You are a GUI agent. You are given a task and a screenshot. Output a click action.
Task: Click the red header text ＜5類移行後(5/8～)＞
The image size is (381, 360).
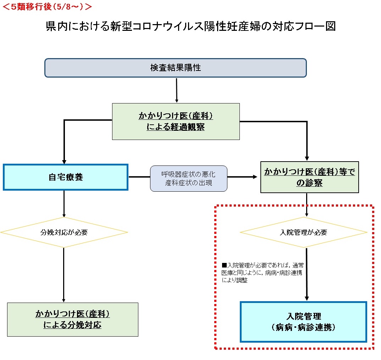pyautogui.click(x=48, y=6)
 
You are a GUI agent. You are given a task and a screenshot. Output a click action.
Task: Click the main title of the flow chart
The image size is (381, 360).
pyautogui.click(x=190, y=27)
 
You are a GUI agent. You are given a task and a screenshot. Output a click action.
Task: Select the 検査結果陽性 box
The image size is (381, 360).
pyautogui.click(x=175, y=68)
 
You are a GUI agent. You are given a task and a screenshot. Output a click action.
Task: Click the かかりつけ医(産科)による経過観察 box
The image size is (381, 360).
pyautogui.click(x=176, y=122)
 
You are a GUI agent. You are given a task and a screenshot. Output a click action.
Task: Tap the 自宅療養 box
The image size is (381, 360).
pyautogui.click(x=66, y=177)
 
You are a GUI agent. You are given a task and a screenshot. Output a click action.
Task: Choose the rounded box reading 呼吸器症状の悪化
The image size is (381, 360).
pyautogui.click(x=188, y=175)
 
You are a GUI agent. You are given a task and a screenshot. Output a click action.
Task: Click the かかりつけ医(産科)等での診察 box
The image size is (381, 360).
pyautogui.click(x=310, y=177)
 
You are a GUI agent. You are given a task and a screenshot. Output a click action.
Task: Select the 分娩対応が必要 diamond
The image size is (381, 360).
pyautogui.click(x=64, y=232)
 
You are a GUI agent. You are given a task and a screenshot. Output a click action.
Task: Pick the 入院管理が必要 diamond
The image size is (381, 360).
pyautogui.click(x=304, y=232)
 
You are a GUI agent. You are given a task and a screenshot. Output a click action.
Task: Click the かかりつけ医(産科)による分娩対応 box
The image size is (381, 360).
pyautogui.click(x=72, y=319)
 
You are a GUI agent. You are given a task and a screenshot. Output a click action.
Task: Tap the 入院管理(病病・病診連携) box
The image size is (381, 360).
pyautogui.click(x=303, y=322)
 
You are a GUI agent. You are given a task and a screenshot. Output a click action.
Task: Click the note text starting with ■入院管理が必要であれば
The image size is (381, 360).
pyautogui.click(x=262, y=272)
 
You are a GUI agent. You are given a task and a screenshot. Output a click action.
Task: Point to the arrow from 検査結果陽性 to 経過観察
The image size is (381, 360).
pyautogui.click(x=177, y=90)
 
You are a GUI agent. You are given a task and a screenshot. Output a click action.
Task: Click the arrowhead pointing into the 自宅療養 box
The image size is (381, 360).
pyautogui.click(x=64, y=161)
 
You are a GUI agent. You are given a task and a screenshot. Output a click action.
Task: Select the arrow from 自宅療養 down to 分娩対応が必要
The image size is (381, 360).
pyautogui.click(x=64, y=204)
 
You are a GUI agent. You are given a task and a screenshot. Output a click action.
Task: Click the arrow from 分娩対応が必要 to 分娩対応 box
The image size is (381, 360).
pyautogui.click(x=63, y=275)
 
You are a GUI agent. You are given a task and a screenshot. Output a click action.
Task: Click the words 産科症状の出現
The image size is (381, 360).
pyautogui.click(x=188, y=183)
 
